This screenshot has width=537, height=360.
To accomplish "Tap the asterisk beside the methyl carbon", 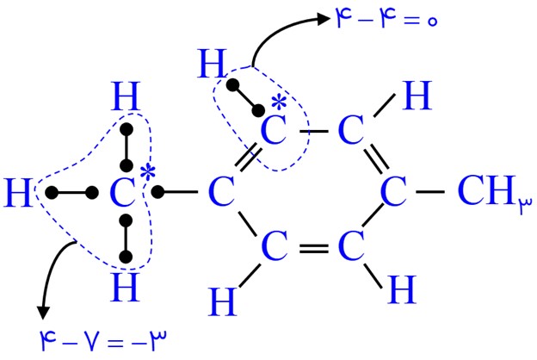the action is coord(148,172).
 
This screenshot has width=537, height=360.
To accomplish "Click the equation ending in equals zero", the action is coord(386,19).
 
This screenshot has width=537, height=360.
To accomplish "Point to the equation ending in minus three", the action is coord(103,340).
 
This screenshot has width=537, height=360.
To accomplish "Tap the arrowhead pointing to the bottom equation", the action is coord(43,313).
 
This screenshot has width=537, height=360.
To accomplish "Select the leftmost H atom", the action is coord(18,193).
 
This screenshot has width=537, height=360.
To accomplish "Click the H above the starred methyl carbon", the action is coord(126,96).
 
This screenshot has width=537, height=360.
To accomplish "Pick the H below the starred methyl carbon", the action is coord(125,288).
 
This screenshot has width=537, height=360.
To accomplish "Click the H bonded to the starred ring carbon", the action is coord(213,64).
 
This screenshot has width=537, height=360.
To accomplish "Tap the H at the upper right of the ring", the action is coord(417,96).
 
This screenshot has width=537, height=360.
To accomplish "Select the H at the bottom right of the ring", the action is coord(401,289).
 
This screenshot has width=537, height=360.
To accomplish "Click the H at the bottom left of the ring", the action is coord(223,301).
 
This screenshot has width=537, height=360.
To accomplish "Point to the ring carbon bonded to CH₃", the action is coord(394,192).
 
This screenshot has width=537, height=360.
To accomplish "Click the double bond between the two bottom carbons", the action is coord(314,249).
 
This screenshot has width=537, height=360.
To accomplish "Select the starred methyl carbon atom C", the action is coord(122,193).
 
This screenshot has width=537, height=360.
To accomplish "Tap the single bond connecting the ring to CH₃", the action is coord(430,192).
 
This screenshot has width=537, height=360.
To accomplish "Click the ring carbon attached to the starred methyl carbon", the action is coord(221,192).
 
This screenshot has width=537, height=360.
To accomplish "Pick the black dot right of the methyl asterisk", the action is coord(157,192).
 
